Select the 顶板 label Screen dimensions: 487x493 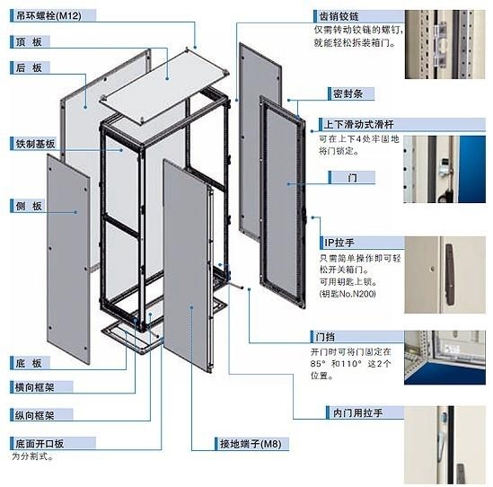[27, 41]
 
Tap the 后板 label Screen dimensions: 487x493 [27, 66]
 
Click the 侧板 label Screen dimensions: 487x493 [27, 206]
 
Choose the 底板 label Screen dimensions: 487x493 [27, 363]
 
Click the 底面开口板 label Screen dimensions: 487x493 [40, 443]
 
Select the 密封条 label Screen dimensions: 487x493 [340, 93]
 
